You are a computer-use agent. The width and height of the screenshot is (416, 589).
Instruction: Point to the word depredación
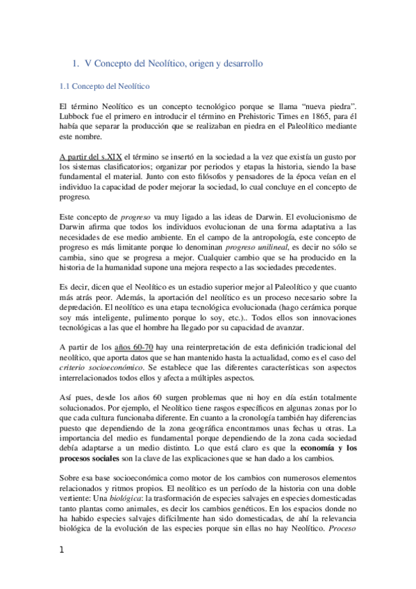(x=85, y=299)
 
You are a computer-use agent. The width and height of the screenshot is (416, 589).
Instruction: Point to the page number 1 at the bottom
(x=63, y=570)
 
